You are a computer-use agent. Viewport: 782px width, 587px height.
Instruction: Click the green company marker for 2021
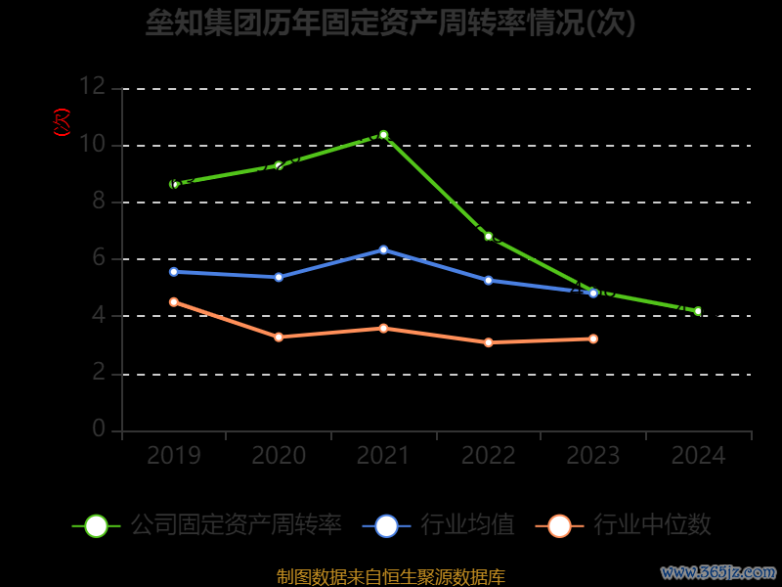point(383,135)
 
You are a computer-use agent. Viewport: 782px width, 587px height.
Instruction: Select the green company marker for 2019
point(174,184)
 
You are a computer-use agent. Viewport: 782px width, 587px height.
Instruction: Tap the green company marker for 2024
point(698,311)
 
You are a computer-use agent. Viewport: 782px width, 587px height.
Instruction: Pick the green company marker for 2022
point(488,236)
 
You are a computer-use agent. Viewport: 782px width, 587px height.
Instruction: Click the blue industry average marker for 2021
point(383,249)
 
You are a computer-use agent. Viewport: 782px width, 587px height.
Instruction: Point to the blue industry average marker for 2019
point(174,271)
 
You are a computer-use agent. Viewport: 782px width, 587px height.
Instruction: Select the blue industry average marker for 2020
point(279,277)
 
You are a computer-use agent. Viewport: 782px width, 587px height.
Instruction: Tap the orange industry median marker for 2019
point(174,302)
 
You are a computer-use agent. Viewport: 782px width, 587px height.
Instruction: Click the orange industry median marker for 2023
point(593,339)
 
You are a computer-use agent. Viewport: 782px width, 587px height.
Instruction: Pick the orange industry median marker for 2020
point(279,337)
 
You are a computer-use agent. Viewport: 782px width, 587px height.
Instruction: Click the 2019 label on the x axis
point(174,456)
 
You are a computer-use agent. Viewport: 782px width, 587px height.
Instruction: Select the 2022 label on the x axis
point(488,456)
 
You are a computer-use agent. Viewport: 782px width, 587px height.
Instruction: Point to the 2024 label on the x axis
point(698,456)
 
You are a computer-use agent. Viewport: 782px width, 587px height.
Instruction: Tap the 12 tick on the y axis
point(92,87)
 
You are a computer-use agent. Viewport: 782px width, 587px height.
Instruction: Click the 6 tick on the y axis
point(98,259)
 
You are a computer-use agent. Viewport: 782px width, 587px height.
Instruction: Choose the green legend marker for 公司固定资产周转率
point(96,525)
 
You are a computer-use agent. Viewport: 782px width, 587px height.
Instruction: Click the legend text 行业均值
point(467,525)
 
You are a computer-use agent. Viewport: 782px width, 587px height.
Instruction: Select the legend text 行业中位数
point(652,525)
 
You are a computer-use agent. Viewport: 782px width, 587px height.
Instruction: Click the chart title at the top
point(391,23)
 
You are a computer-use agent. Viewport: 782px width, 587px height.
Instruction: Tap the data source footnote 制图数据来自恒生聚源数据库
point(391,576)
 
